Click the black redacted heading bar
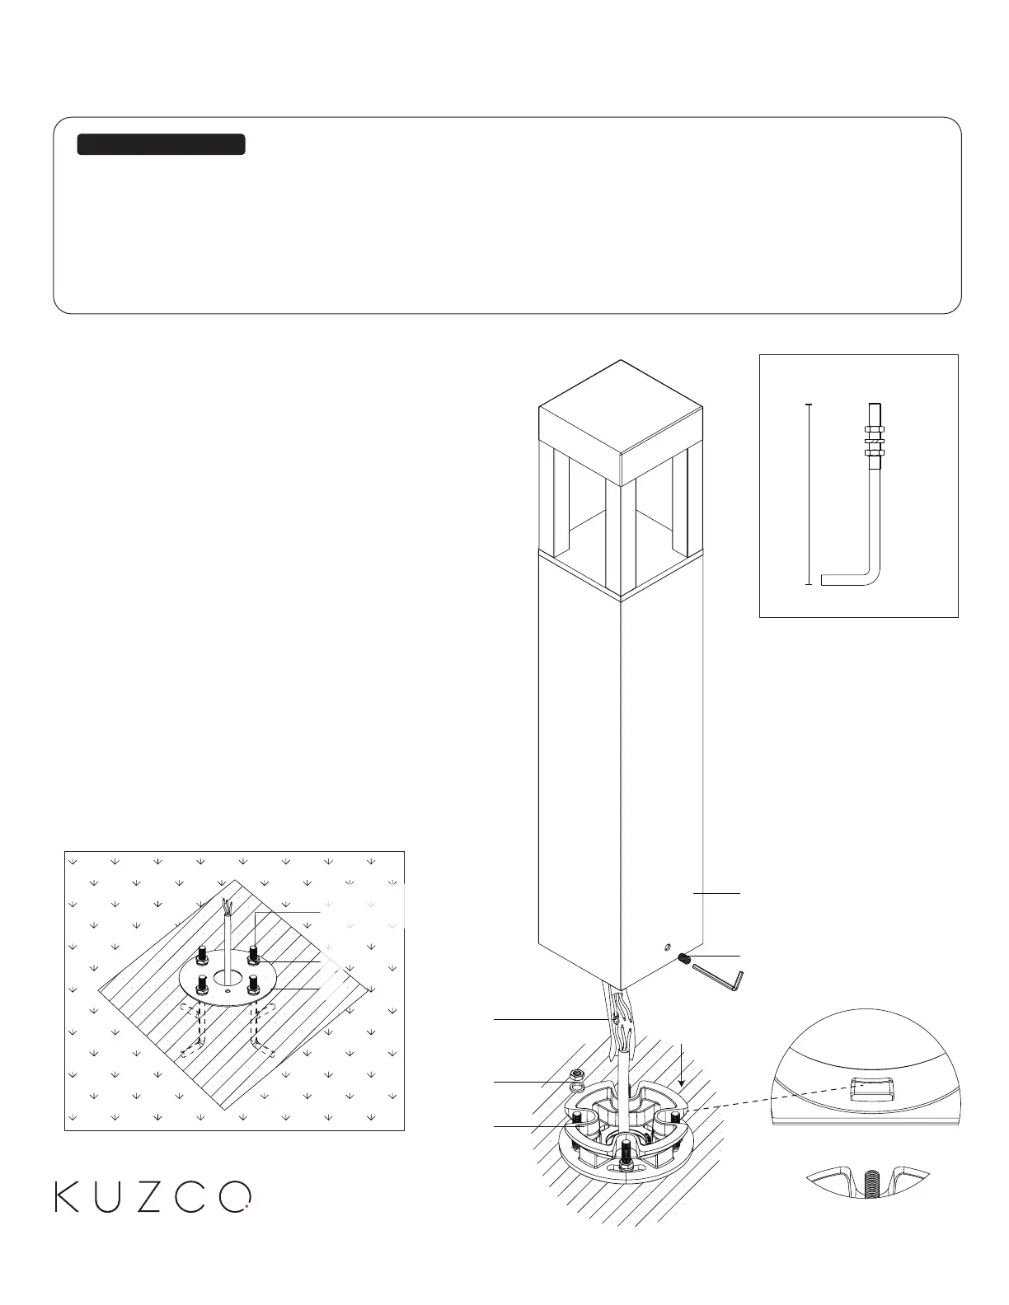(x=161, y=144)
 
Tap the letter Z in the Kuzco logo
(x=149, y=1197)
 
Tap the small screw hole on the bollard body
(x=667, y=948)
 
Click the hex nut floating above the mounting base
(x=578, y=1074)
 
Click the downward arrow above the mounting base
(x=681, y=1063)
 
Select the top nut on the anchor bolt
(x=875, y=429)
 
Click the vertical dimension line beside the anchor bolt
(x=810, y=494)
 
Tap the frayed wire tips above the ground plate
(x=227, y=909)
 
